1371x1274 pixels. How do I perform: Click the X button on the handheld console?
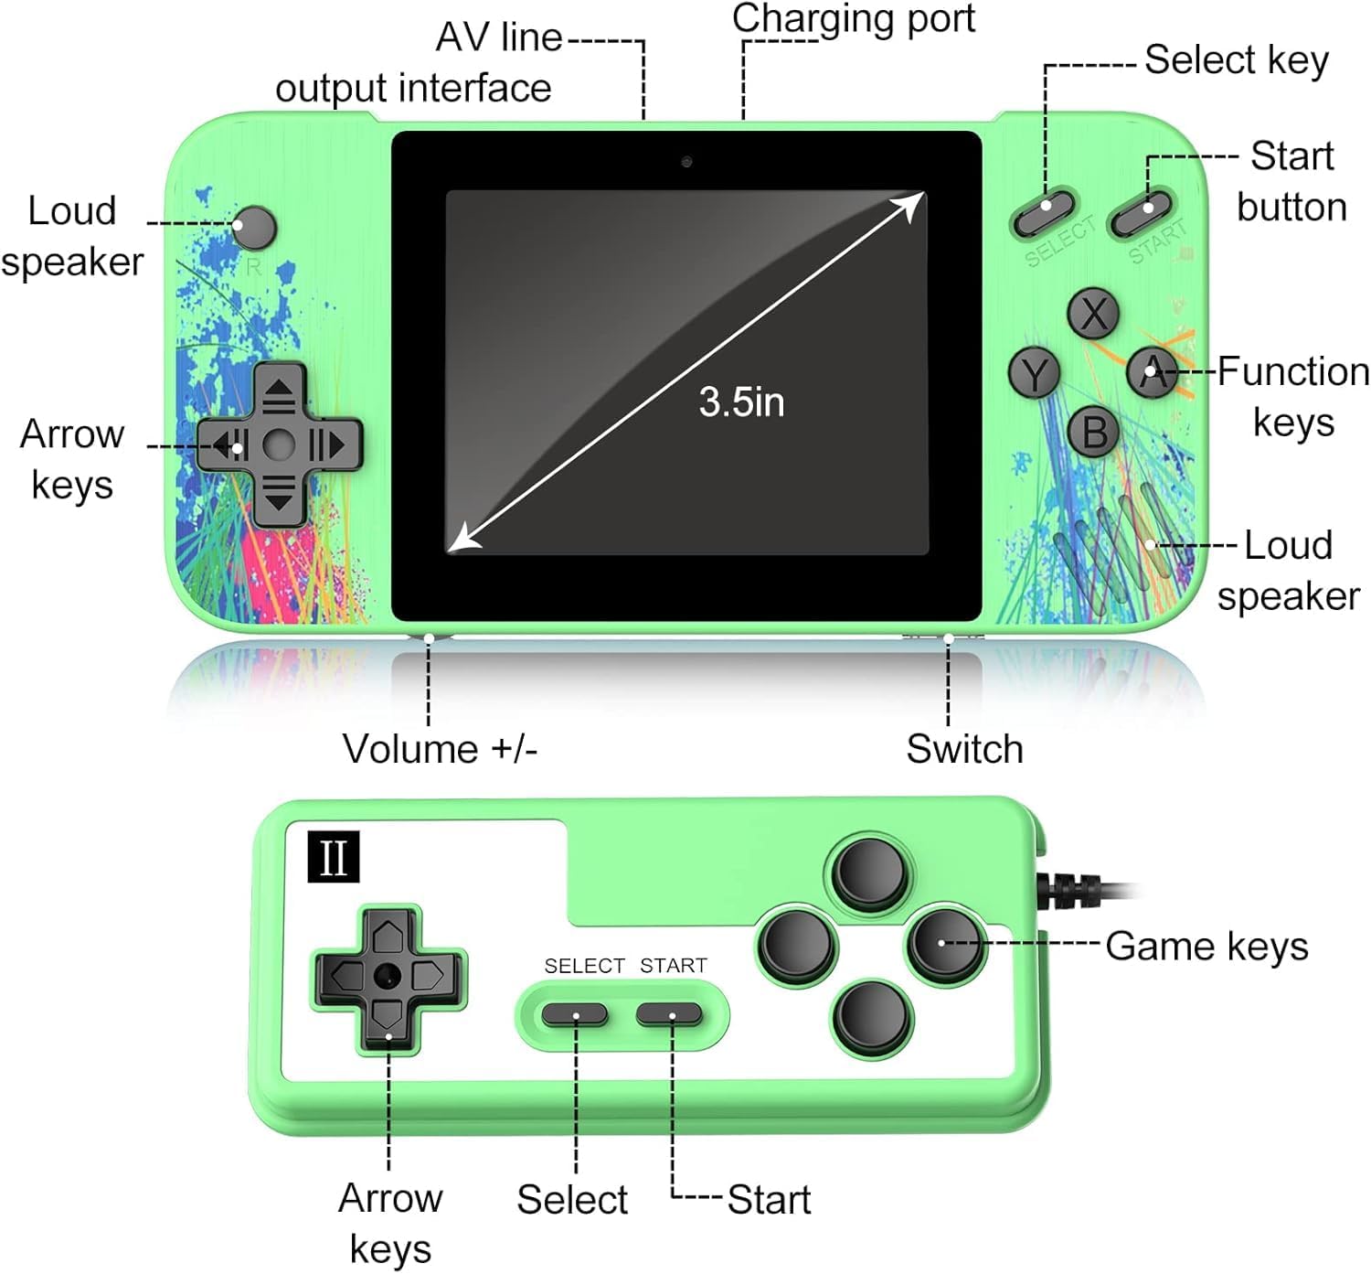[x=1093, y=314]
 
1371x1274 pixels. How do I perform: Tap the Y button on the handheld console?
[x=1034, y=373]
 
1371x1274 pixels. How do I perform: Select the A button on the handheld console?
[x=1152, y=372]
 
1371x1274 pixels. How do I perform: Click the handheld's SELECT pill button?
[x=1044, y=212]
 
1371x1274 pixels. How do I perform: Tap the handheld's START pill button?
[x=1141, y=213]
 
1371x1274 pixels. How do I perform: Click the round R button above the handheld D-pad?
[x=253, y=228]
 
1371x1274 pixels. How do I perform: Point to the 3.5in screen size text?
[x=741, y=402]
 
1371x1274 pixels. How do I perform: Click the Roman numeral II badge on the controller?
[x=333, y=857]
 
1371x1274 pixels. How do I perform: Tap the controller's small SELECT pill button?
[x=575, y=1014]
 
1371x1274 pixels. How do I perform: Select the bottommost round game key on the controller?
[x=872, y=1017]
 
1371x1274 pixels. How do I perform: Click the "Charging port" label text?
[x=854, y=18]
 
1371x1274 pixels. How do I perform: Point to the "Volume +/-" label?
[x=440, y=749]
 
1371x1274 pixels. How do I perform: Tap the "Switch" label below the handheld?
[x=964, y=749]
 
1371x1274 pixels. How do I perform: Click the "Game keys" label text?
[x=1206, y=947]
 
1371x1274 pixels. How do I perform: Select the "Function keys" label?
[x=1293, y=396]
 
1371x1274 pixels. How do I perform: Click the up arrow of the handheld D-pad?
[x=279, y=391]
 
